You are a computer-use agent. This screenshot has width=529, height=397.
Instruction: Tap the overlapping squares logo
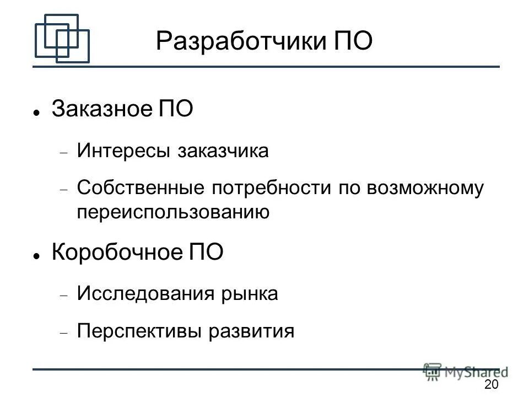(x=61, y=39)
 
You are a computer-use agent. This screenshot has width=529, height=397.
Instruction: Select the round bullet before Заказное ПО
(x=36, y=111)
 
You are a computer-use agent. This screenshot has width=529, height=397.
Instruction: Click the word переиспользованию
(x=174, y=212)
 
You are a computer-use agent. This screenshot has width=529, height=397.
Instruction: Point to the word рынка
(x=251, y=294)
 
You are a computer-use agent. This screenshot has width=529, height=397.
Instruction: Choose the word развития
(x=251, y=331)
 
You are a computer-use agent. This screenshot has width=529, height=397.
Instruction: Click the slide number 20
(x=490, y=384)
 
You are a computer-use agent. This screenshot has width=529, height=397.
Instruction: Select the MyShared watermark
(x=466, y=372)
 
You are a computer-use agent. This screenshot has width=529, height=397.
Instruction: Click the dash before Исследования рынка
(x=64, y=296)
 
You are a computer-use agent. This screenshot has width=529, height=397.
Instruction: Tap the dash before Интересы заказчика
(x=64, y=153)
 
